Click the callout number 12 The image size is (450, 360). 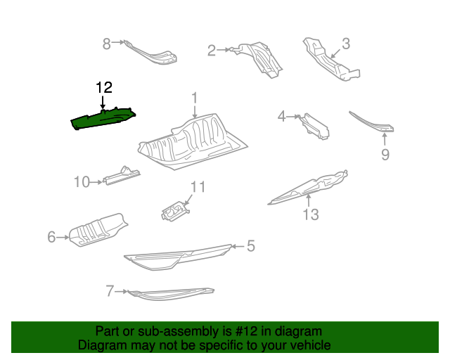104,88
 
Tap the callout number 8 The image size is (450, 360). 107,44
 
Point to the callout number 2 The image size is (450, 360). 212,50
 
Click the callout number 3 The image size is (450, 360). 345,44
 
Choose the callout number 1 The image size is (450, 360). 195,98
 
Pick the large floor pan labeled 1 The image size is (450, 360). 193,141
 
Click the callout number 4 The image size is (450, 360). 282,116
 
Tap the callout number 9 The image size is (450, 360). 385,155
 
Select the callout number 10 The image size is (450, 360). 82,183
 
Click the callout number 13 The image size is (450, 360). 310,214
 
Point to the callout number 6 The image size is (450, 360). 51,238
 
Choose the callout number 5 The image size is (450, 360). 250,246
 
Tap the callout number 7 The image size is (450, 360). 109,290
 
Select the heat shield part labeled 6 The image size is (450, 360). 98,230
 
